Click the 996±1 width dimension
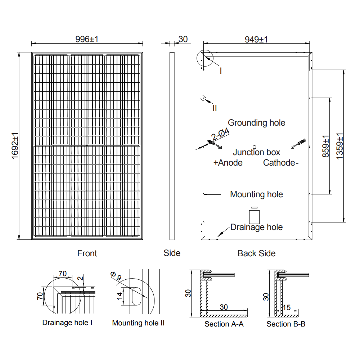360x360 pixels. pos(87,39)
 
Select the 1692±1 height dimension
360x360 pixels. pos(15,145)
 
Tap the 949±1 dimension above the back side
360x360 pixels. pos(256,39)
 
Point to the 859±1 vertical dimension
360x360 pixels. pos(325,146)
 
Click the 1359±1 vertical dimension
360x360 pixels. pos(339,146)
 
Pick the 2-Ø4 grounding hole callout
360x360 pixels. pos(221,134)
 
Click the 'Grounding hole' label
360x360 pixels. pos(256,123)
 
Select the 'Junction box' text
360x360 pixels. pos(256,152)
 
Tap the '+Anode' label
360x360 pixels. pos(228,163)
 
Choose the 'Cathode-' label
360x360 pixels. pos(281,163)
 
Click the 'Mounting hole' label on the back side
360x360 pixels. pos(256,194)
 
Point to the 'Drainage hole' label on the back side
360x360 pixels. pos(256,227)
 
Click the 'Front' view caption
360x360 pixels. pos(87,253)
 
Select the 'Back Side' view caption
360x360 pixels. pos(256,253)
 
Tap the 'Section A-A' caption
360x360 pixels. pos(224,324)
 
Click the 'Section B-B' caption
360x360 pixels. pos(286,324)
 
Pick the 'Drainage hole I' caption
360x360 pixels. pos(67,323)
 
